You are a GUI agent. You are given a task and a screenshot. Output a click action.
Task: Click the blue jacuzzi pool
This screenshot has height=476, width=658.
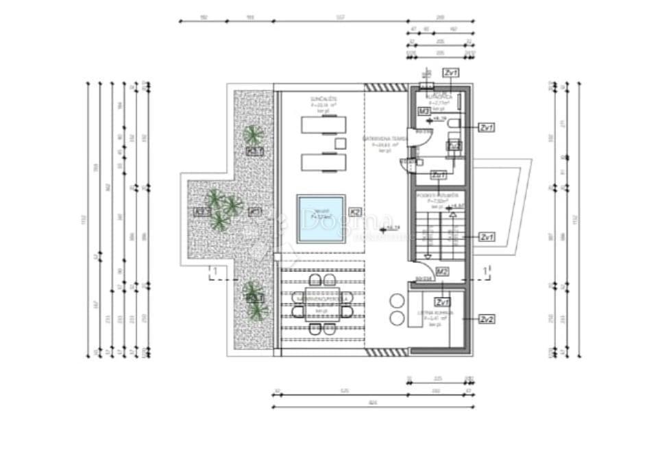pyautogui.click(x=321, y=218)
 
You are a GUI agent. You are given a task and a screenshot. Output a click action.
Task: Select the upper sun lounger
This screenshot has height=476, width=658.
pyautogui.click(x=323, y=125)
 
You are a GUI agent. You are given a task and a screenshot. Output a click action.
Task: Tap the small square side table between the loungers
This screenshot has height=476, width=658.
pyautogui.click(x=339, y=143)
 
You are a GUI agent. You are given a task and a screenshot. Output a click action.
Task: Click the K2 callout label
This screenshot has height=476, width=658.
pyautogui.click(x=355, y=212)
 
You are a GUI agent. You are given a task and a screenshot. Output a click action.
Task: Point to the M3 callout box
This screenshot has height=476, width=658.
pyautogui.click(x=424, y=111)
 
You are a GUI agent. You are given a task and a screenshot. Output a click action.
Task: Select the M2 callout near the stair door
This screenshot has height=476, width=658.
pyautogui.click(x=442, y=272)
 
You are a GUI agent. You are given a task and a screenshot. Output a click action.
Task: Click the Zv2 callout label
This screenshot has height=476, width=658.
pyautogui.click(x=487, y=319)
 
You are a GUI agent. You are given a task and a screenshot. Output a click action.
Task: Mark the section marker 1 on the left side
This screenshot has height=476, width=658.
pyautogui.click(x=214, y=272)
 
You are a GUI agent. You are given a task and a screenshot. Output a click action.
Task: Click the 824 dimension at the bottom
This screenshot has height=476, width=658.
pyautogui.click(x=372, y=403)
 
